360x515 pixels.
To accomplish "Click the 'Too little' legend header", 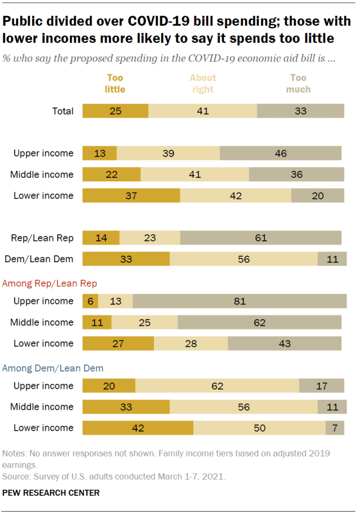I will [115, 83].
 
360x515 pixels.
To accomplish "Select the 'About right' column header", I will [202, 83].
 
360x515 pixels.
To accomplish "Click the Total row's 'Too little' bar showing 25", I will [115, 111].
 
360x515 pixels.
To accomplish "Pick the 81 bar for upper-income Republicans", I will [239, 301].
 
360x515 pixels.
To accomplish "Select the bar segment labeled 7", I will [335, 428].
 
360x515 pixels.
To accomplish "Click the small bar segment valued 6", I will [90, 301].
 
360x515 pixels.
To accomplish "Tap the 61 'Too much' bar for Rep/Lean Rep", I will [260, 238].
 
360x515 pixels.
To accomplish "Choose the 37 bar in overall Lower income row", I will [131, 195].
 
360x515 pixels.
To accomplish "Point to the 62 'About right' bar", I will [217, 386].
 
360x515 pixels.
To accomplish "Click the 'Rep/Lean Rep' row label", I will [43, 238].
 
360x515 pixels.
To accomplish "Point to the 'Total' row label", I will [63, 111].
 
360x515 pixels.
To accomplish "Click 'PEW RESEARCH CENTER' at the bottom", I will [51, 493].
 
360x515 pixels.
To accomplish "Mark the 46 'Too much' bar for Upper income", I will [281, 153].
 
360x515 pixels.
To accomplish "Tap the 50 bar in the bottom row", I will [259, 428].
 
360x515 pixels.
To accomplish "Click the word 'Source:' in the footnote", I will [16, 476].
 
